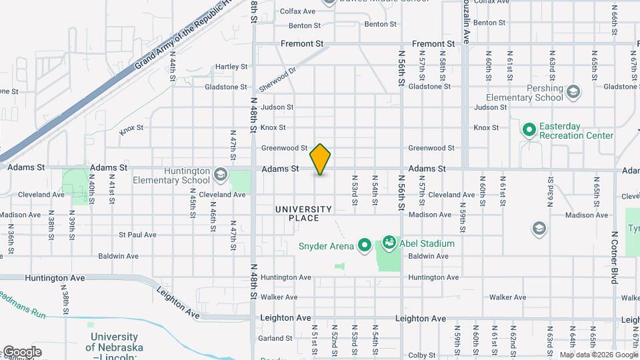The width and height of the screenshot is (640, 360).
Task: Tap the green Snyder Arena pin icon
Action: [x=364, y=246]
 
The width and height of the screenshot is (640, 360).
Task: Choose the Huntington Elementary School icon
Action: [x=219, y=175]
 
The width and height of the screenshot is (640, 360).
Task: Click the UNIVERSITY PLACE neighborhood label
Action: [x=303, y=213]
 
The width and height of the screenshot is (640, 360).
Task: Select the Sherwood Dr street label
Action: [x=277, y=80]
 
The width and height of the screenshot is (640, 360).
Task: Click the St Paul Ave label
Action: [x=137, y=235]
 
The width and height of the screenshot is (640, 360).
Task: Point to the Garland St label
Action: [x=273, y=338]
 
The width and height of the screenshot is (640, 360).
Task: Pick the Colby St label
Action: [x=421, y=355]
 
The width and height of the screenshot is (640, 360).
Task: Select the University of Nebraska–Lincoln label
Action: [x=114, y=347]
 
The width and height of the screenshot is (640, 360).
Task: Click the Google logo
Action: [x=21, y=351]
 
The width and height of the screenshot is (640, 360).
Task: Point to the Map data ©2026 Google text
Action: [x=599, y=355]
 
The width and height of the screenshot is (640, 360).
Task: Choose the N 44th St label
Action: [x=172, y=69]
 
